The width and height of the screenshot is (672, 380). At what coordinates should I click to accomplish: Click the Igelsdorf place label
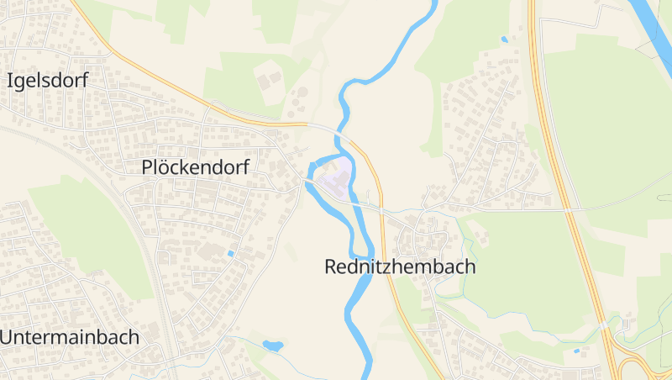[47, 81]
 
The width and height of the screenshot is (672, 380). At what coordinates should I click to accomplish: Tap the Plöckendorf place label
[196, 167]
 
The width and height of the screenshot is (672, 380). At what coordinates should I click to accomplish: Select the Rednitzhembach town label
[400, 267]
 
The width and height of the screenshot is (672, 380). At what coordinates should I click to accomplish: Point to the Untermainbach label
[70, 337]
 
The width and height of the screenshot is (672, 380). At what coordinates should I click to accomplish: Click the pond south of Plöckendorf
[272, 345]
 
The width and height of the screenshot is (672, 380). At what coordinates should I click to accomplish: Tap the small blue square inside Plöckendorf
[231, 253]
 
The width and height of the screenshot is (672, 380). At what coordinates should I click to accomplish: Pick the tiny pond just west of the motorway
[504, 39]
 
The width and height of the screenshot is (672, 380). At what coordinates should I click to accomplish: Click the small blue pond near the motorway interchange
[575, 351]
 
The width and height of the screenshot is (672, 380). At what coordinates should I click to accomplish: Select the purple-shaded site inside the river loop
[334, 180]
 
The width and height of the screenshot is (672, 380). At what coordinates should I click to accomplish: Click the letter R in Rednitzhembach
[330, 267]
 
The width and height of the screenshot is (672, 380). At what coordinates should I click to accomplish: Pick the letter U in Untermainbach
[7, 337]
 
